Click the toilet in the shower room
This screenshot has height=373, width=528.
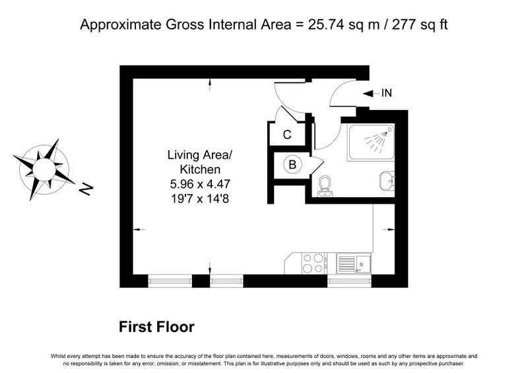(325, 186)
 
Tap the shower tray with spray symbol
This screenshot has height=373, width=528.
(371, 142)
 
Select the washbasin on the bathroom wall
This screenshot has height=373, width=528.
(387, 181)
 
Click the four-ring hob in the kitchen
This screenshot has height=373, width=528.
(313, 263)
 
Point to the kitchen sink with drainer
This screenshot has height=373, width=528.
(354, 264)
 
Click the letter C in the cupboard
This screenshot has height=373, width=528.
(287, 135)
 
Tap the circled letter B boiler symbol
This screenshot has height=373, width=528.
(292, 165)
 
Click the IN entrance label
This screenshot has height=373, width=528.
(387, 93)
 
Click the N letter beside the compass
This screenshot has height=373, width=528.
(86, 189)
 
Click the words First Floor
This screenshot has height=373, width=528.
(156, 327)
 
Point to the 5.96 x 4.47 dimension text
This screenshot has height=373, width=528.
(200, 184)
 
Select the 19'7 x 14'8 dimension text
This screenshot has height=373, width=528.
(200, 199)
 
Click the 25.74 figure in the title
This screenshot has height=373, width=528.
(326, 25)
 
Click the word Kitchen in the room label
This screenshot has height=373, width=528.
(200, 169)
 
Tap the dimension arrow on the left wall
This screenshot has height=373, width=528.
(139, 229)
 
